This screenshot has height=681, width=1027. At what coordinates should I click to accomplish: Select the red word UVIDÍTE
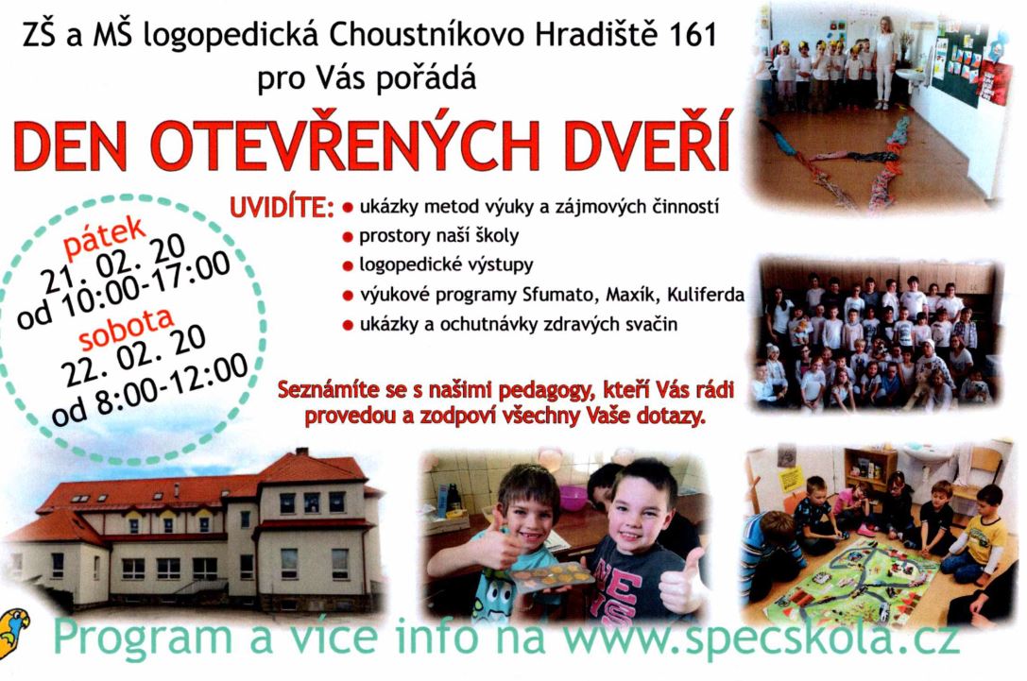coord(282,208)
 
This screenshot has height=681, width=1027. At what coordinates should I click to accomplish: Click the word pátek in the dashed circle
coord(105,236)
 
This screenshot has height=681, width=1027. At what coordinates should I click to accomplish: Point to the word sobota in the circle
coord(127,328)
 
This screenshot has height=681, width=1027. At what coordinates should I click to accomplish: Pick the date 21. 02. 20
coord(113,263)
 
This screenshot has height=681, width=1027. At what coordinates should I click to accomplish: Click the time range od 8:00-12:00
coord(150,390)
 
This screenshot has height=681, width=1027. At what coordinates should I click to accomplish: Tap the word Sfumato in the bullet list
coord(558,295)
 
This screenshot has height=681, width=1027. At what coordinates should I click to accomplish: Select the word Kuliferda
coord(706,295)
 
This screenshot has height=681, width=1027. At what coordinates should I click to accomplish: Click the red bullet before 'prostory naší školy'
coord(348,237)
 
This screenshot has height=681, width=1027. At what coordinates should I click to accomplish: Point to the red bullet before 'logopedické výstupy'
coord(348,266)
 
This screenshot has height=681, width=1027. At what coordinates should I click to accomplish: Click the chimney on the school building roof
coord(302,451)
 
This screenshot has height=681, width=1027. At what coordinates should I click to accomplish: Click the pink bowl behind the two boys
coord(573,497)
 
